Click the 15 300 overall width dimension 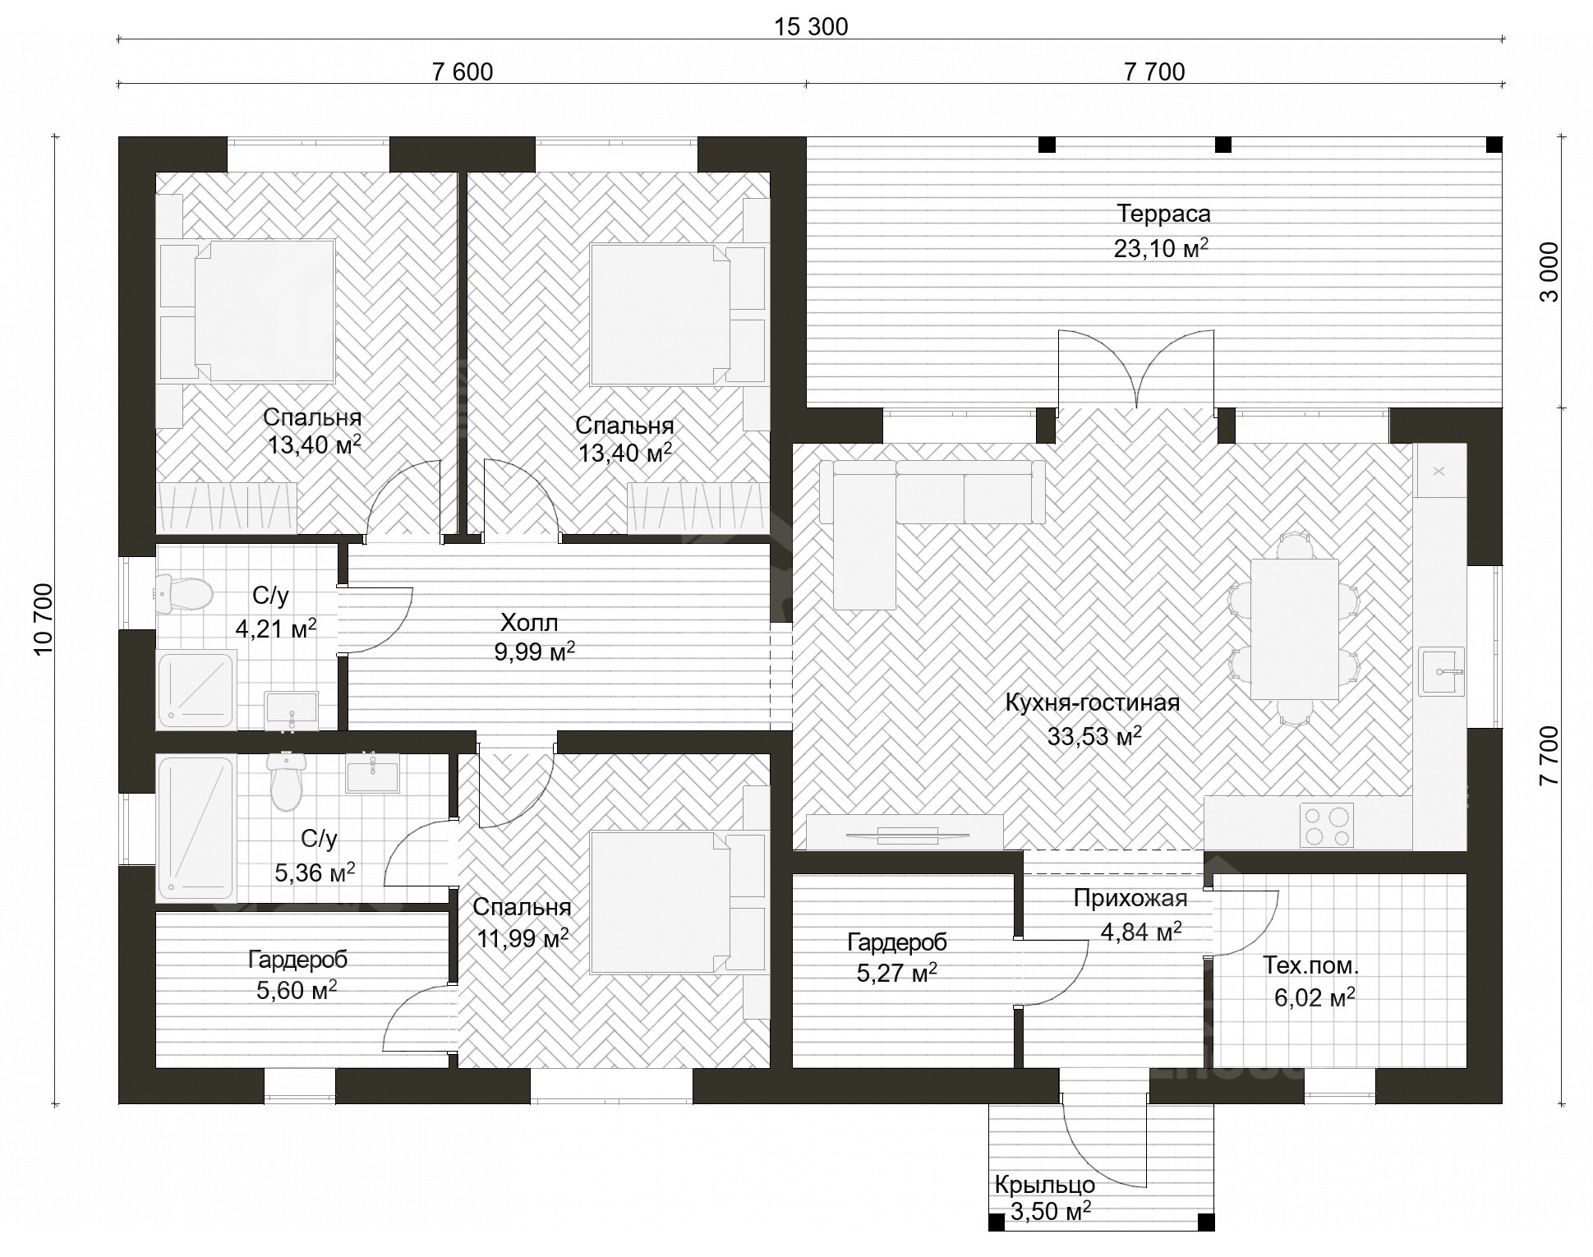(811, 27)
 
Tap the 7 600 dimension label (463, 72)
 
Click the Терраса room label (1163, 214)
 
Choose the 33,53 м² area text (1094, 735)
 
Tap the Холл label (529, 622)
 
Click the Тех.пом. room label (1311, 966)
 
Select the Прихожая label (1130, 898)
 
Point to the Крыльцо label (1044, 1185)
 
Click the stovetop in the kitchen (1326, 826)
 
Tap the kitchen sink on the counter (1442, 671)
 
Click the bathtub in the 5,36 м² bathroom (196, 829)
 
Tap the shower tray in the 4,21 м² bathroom (196, 690)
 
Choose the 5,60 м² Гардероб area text (297, 990)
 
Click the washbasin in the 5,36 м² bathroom (372, 776)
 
